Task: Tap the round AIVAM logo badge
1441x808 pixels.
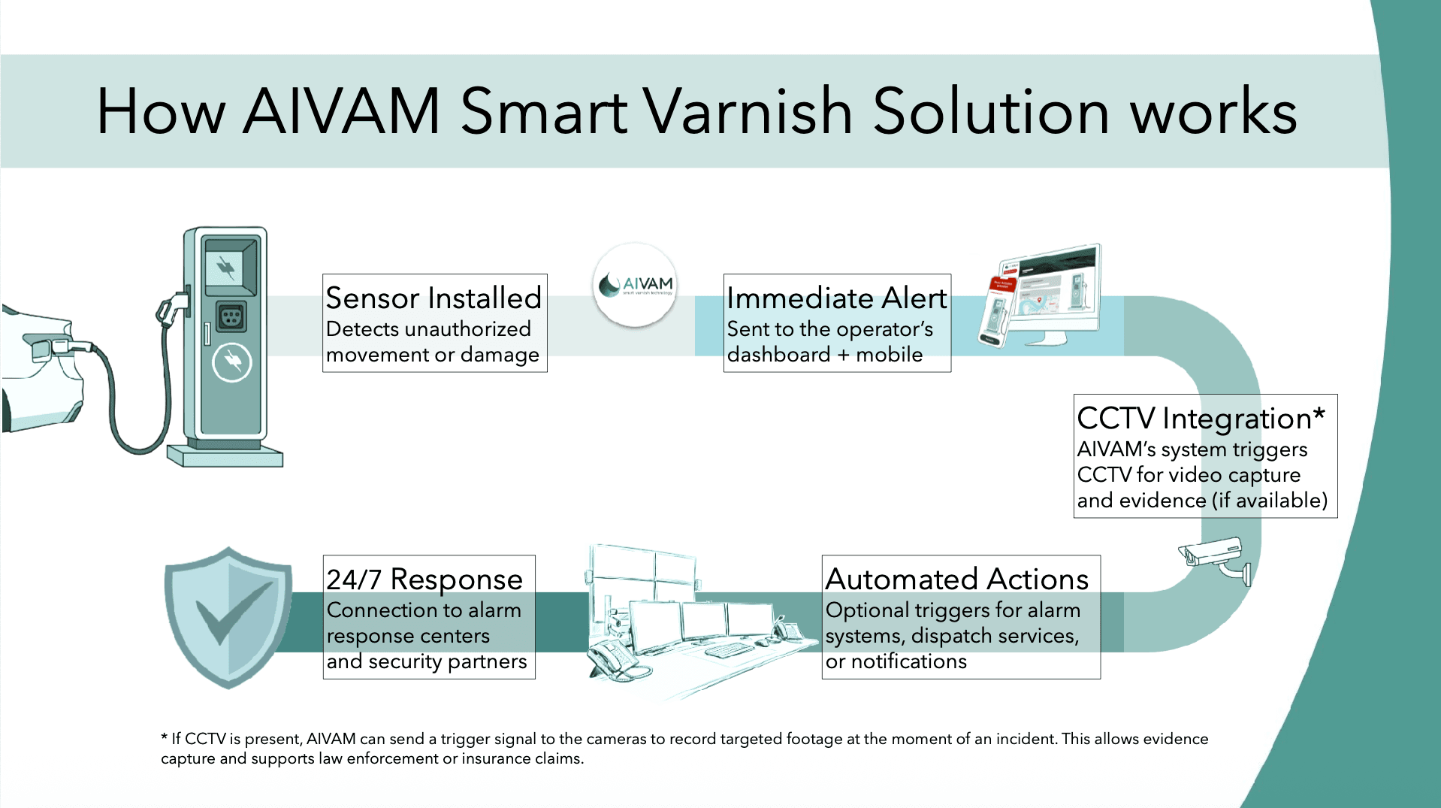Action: tap(635, 286)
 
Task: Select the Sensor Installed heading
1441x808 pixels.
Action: tap(434, 298)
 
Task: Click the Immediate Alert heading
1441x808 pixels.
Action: tap(836, 298)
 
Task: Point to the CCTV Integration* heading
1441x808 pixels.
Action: tap(1201, 418)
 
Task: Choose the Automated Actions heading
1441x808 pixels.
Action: tap(956, 579)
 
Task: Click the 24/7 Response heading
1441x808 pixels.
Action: tap(424, 579)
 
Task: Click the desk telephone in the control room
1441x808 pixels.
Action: tap(612, 658)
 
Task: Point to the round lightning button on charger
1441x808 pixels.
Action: tap(232, 363)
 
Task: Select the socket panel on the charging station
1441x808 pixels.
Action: tap(231, 316)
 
